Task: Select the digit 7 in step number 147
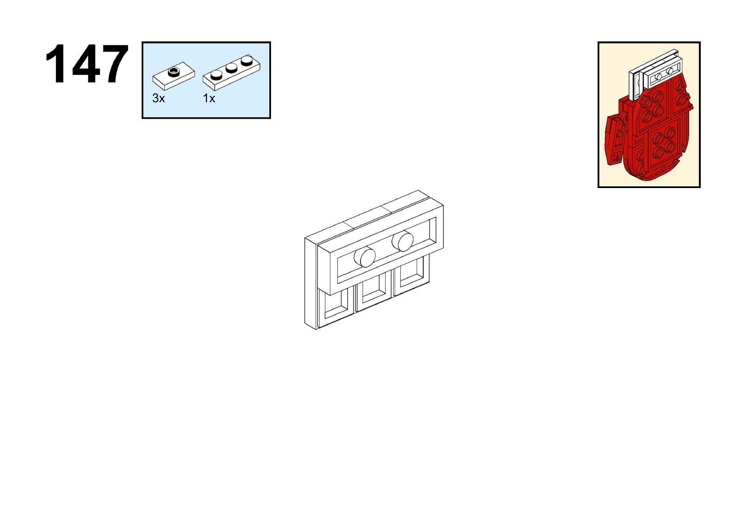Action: point(114,64)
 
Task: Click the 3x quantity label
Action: point(159,98)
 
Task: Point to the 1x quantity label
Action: point(209,98)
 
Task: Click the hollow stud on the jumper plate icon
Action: point(174,71)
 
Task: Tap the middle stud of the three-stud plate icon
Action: point(231,68)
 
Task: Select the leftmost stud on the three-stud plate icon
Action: point(216,75)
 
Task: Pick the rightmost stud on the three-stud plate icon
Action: point(246,62)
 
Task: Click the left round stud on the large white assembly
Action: point(364,257)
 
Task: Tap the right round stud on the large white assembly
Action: point(402,241)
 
